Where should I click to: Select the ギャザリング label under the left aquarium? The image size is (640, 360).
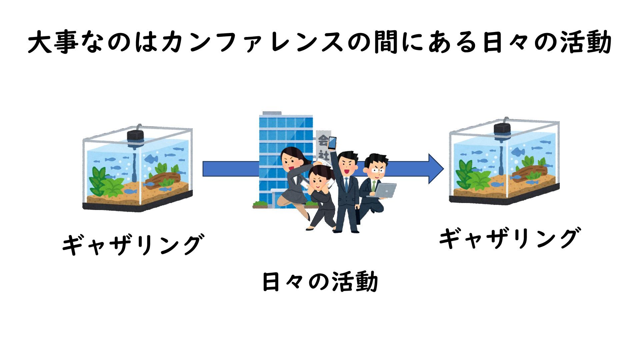tap(132, 245)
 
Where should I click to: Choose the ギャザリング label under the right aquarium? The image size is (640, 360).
tap(509, 239)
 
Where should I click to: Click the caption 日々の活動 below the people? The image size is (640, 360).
tap(320, 282)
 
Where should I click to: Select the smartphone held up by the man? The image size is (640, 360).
tap(332, 143)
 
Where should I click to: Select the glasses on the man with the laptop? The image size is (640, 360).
tap(378, 170)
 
